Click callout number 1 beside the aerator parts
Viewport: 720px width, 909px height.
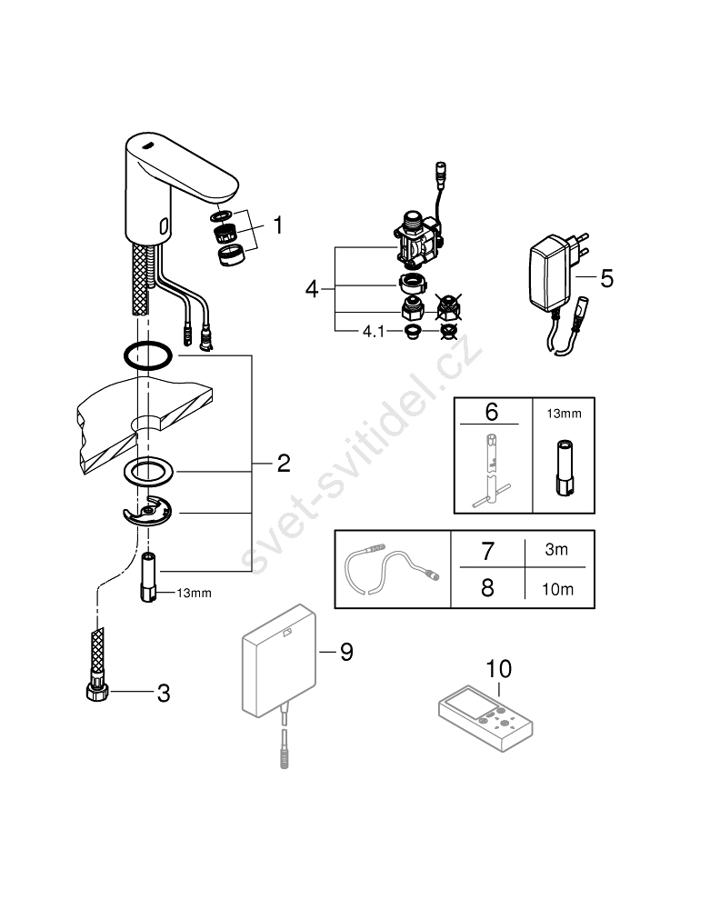(278, 225)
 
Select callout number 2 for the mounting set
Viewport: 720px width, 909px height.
(284, 464)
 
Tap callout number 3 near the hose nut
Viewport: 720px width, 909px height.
(164, 693)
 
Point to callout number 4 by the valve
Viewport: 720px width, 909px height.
(312, 289)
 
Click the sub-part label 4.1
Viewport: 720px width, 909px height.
(374, 332)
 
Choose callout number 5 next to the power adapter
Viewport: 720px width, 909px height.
(606, 278)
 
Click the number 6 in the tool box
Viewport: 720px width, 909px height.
(492, 412)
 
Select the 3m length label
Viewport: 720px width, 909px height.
(556, 549)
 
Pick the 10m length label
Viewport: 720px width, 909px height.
(557, 590)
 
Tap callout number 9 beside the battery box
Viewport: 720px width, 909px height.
(346, 652)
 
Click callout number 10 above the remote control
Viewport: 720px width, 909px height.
(498, 669)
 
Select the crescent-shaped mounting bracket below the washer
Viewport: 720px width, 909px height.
(148, 510)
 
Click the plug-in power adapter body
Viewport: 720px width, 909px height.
(548, 273)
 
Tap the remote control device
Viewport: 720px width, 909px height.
(485, 718)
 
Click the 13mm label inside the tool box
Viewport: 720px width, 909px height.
(564, 414)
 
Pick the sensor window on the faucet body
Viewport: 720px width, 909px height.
(164, 225)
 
